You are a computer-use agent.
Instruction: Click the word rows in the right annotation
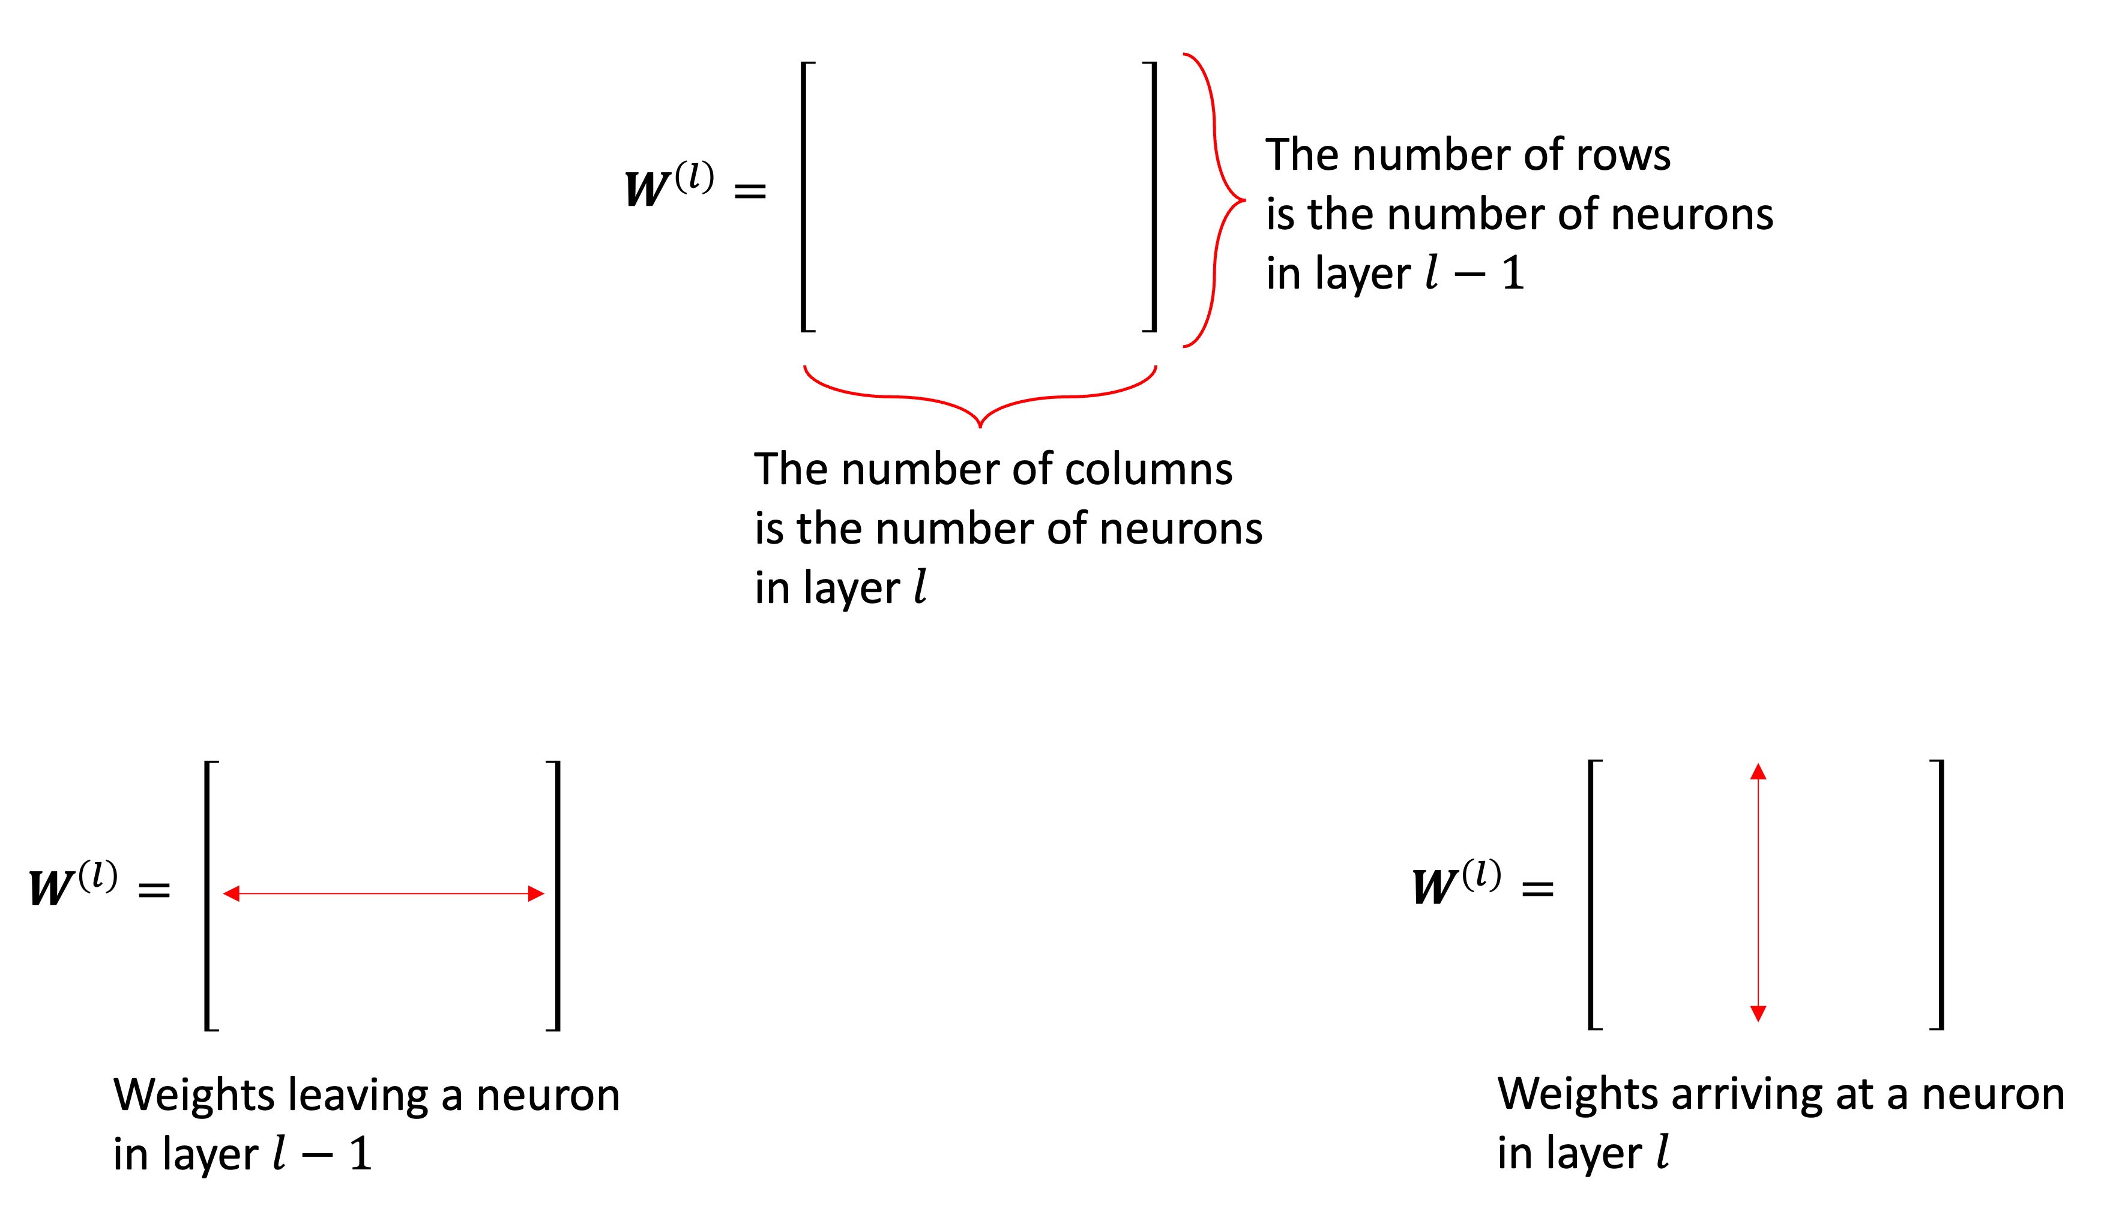[x=1623, y=155]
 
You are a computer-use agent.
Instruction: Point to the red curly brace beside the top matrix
[x=1215, y=200]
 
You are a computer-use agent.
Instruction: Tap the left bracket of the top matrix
[x=804, y=197]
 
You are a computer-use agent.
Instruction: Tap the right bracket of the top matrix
[x=1154, y=197]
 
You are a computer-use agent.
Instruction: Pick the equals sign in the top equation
[x=750, y=192]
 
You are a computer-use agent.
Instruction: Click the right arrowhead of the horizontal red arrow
[x=536, y=894]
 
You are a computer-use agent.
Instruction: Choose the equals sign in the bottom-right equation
[x=1537, y=890]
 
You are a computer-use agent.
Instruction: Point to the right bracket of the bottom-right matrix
[x=1941, y=895]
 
